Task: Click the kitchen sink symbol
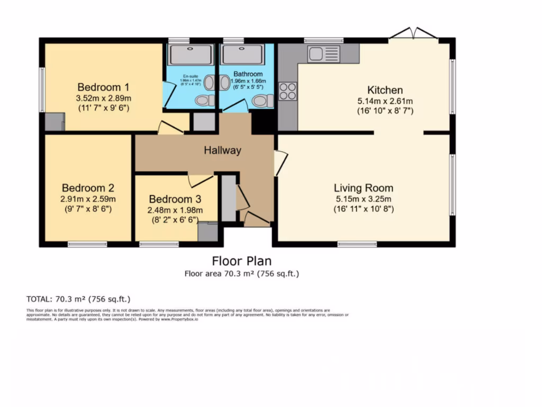pos(323,54)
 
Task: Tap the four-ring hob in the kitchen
pos(288,91)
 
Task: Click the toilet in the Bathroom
pos(261,101)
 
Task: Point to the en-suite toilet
pos(204,100)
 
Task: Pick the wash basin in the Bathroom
pos(223,83)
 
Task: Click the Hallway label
pos(222,151)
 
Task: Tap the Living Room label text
pos(363,188)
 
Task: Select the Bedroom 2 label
pos(88,188)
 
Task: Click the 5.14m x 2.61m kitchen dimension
pos(385,101)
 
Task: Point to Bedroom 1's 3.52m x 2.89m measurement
pos(103,98)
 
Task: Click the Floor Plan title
pos(241,261)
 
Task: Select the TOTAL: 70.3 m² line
pos(78,299)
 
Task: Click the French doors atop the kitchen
pos(413,34)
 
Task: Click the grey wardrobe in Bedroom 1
pos(54,122)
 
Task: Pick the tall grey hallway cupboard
pos(228,198)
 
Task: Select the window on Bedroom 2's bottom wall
pos(87,244)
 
